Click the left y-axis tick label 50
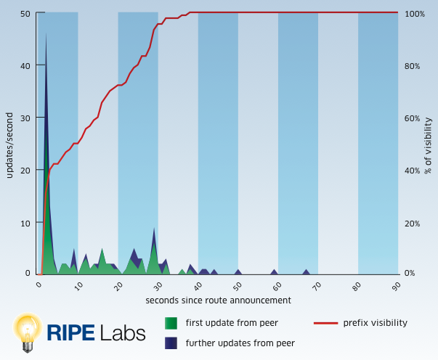[25, 14]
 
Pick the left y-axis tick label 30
[25, 118]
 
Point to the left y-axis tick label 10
[25, 222]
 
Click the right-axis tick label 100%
[414, 14]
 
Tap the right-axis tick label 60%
[412, 118]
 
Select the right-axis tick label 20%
[412, 223]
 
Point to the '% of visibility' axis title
[429, 145]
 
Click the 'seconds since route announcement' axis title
[218, 300]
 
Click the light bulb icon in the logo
[28, 332]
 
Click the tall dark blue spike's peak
[46, 33]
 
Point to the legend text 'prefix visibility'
[375, 323]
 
